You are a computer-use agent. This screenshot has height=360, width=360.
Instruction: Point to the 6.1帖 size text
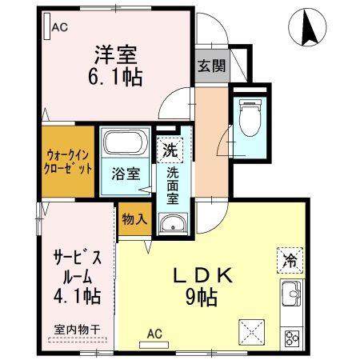(117, 78)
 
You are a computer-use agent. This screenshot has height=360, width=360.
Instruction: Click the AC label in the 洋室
(60, 27)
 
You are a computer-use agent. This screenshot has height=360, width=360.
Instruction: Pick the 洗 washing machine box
(169, 148)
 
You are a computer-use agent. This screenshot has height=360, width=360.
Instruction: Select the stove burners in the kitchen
(292, 336)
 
